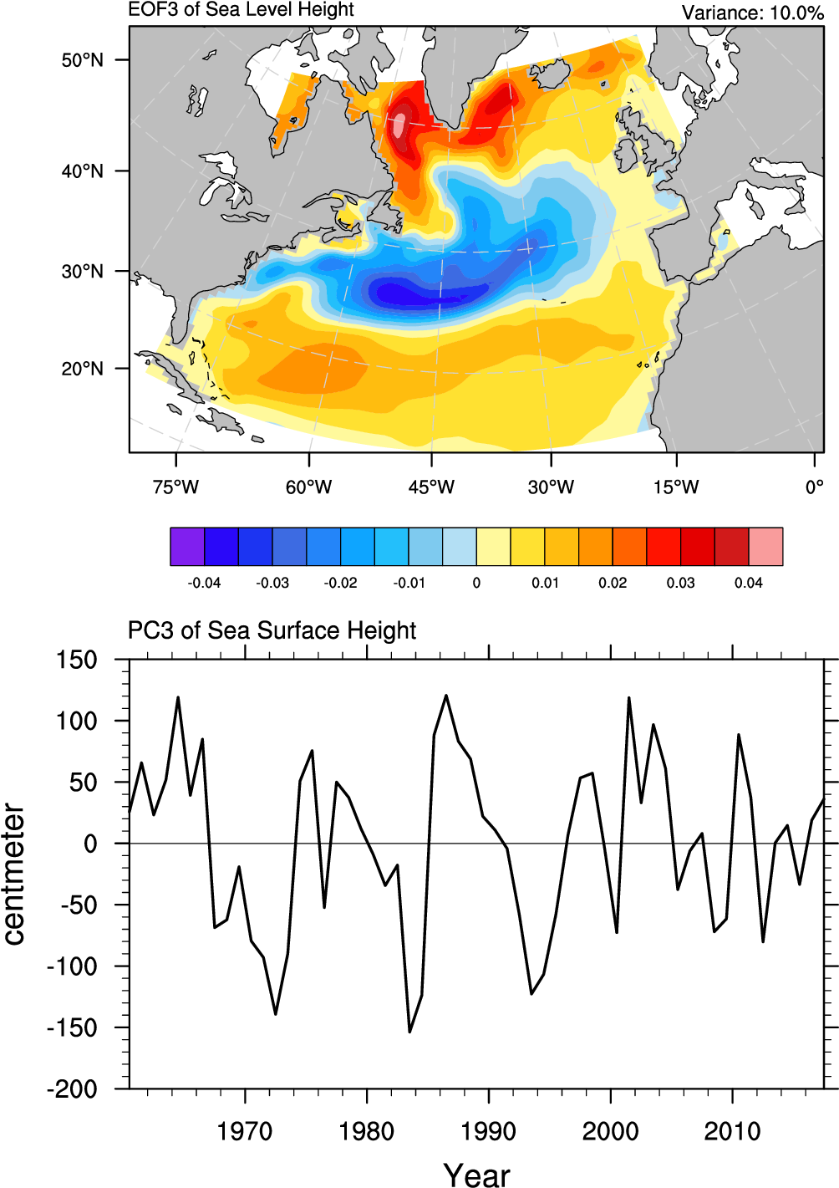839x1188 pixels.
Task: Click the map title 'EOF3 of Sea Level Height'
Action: click(x=241, y=10)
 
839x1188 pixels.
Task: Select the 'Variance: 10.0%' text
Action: click(x=752, y=13)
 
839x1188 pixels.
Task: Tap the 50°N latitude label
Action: click(x=82, y=60)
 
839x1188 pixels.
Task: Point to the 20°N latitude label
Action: click(x=82, y=369)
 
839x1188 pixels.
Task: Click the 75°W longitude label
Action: click(x=175, y=487)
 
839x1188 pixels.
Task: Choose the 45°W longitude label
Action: click(x=431, y=487)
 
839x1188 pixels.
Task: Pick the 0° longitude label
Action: click(x=814, y=487)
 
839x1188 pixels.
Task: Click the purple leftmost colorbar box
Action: click(x=187, y=547)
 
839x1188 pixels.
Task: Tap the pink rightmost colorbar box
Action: click(x=765, y=547)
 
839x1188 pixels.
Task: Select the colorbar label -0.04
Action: click(x=204, y=583)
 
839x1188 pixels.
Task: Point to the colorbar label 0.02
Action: click(x=613, y=583)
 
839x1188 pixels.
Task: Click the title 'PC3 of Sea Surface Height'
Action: click(x=272, y=630)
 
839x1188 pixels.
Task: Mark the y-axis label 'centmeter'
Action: click(x=14, y=874)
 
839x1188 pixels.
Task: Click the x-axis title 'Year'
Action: click(x=476, y=1174)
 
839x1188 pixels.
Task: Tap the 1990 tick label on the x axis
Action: click(x=488, y=1131)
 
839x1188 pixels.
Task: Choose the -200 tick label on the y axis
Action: click(x=73, y=1089)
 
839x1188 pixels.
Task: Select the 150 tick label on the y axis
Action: click(x=77, y=660)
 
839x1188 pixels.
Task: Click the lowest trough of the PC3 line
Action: click(x=409, y=1032)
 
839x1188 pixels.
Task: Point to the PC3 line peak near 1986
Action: click(x=445, y=695)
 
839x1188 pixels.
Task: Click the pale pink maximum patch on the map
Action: click(x=399, y=125)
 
